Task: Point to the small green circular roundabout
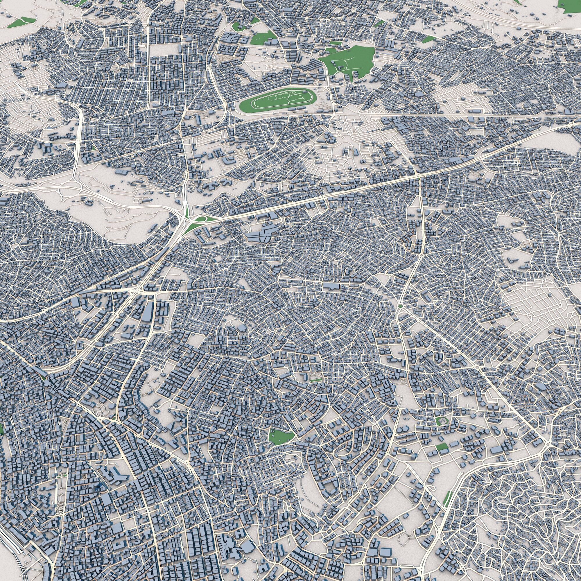400,306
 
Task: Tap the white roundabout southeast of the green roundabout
478,367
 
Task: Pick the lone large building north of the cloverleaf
122,171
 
